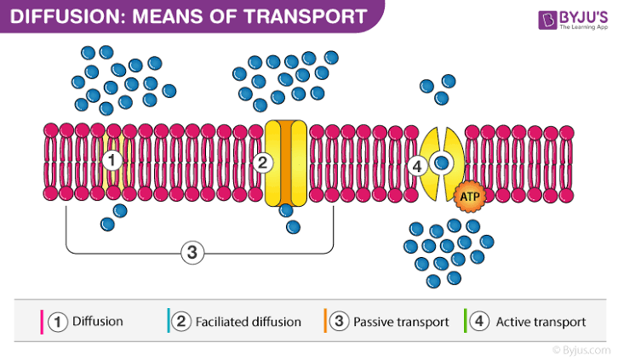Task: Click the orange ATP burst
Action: tap(468, 197)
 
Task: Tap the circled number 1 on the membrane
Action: tap(112, 159)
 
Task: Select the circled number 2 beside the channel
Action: tap(263, 162)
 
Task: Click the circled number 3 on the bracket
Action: tap(192, 252)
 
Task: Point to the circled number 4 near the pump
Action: tap(417, 166)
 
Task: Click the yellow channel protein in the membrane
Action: tap(284, 162)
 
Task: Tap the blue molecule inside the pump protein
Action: tap(441, 162)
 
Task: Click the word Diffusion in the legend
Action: tap(98, 322)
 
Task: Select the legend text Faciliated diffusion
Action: tap(249, 322)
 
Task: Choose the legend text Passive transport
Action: tap(401, 322)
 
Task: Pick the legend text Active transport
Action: tap(541, 322)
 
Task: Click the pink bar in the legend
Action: tap(42, 322)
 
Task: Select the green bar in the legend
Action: tap(466, 322)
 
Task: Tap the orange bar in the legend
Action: tap(325, 322)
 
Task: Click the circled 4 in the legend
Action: tap(480, 322)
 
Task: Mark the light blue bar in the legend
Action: tap(168, 322)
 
